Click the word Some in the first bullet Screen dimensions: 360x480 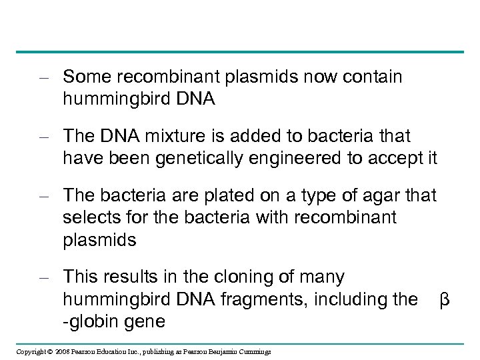(85, 77)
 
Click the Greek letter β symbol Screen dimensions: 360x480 (445, 300)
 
